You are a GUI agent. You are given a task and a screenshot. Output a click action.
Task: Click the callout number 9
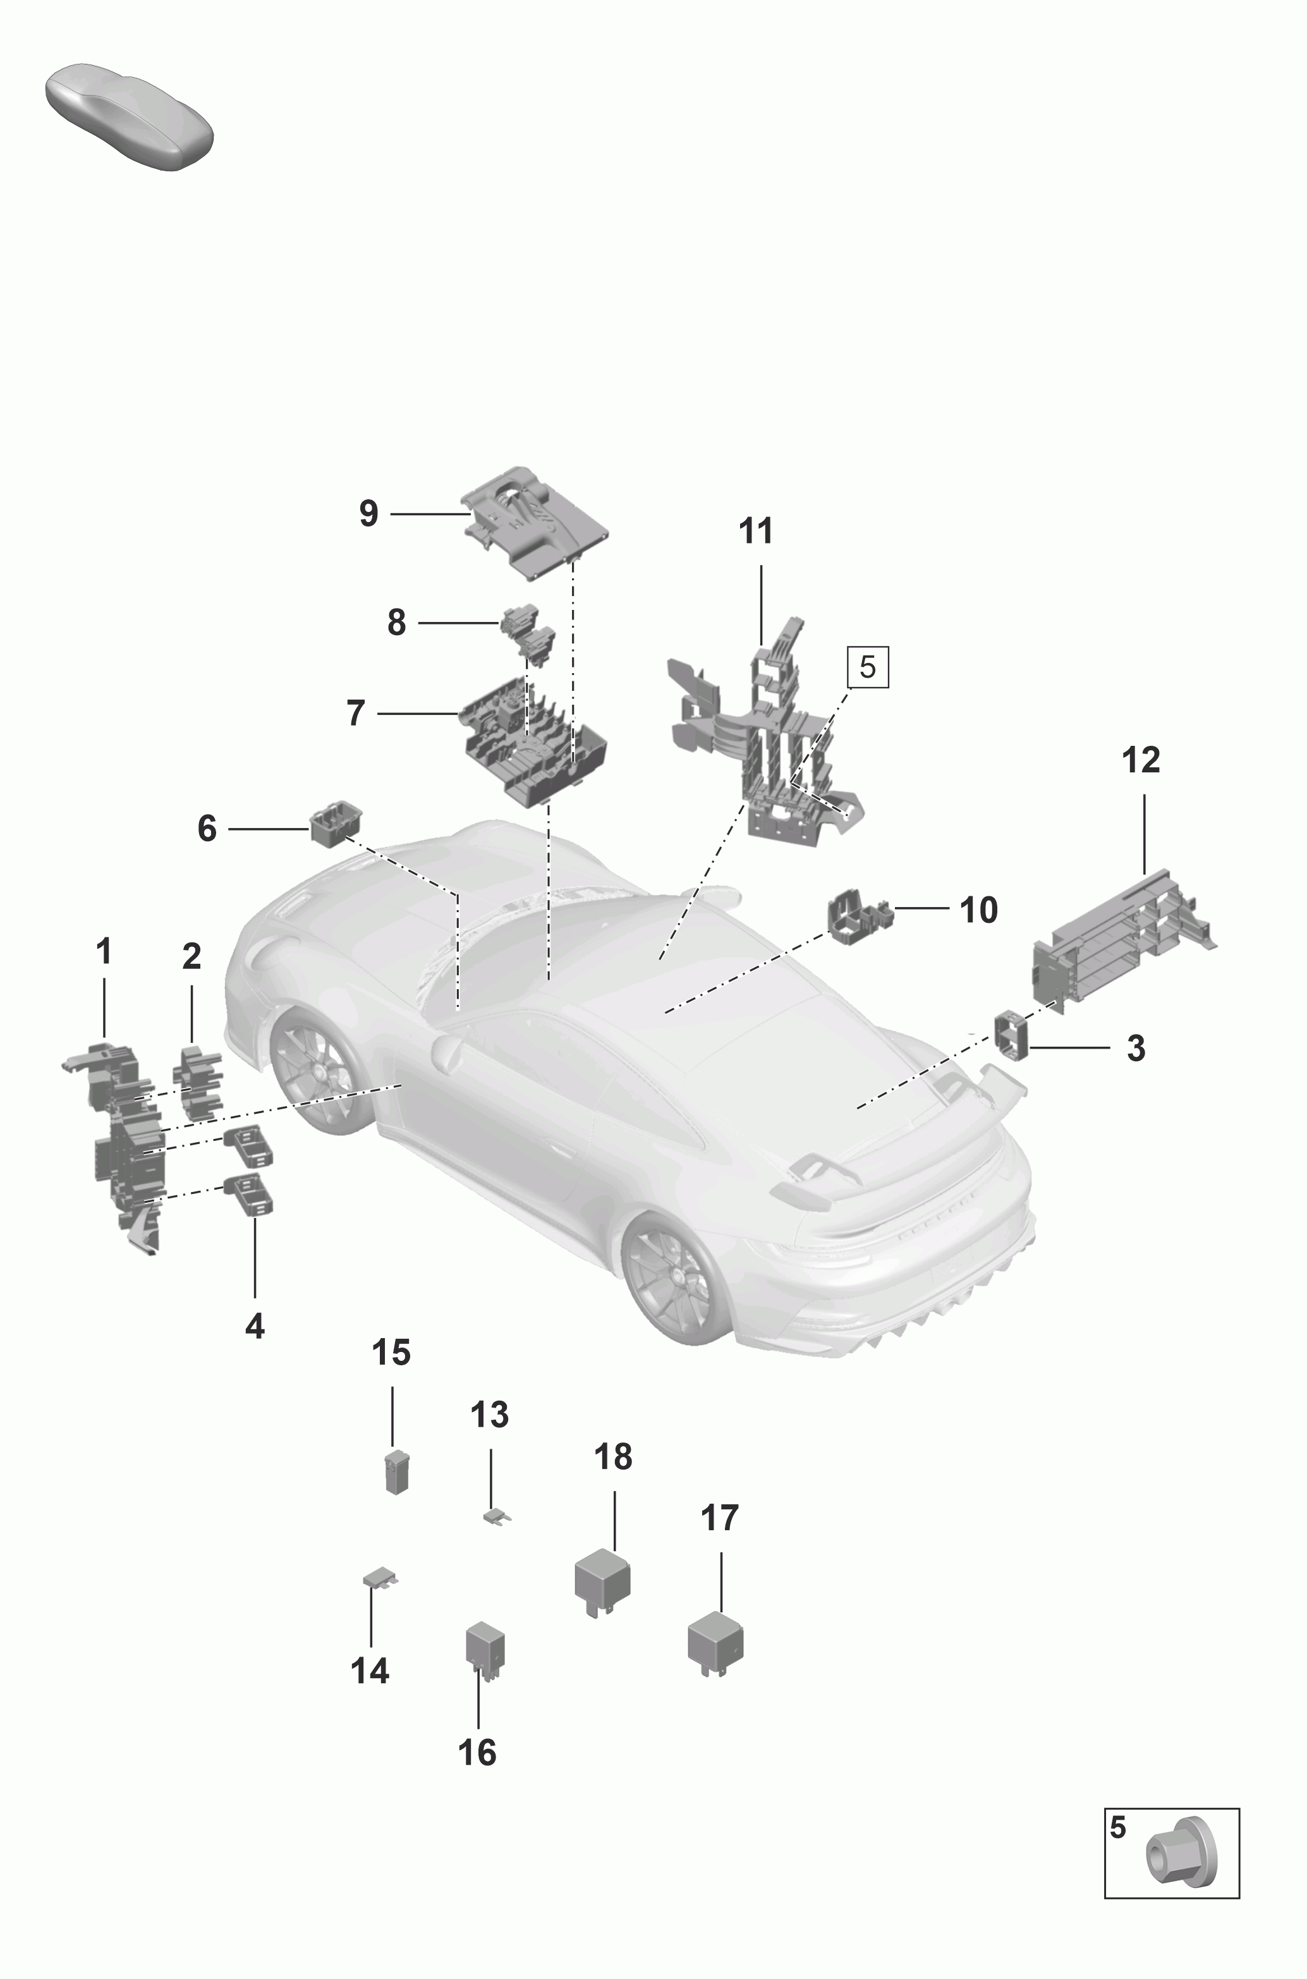point(368,513)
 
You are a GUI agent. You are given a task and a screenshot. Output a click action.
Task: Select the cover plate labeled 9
point(536,523)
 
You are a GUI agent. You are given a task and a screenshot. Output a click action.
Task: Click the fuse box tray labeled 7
point(533,740)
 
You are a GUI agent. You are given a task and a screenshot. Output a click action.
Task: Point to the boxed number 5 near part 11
point(868,667)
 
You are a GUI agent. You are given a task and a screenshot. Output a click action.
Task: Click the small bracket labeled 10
point(858,918)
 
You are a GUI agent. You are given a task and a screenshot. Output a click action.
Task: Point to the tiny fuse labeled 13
point(497,1516)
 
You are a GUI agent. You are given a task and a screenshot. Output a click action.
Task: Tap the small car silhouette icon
point(129,115)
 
